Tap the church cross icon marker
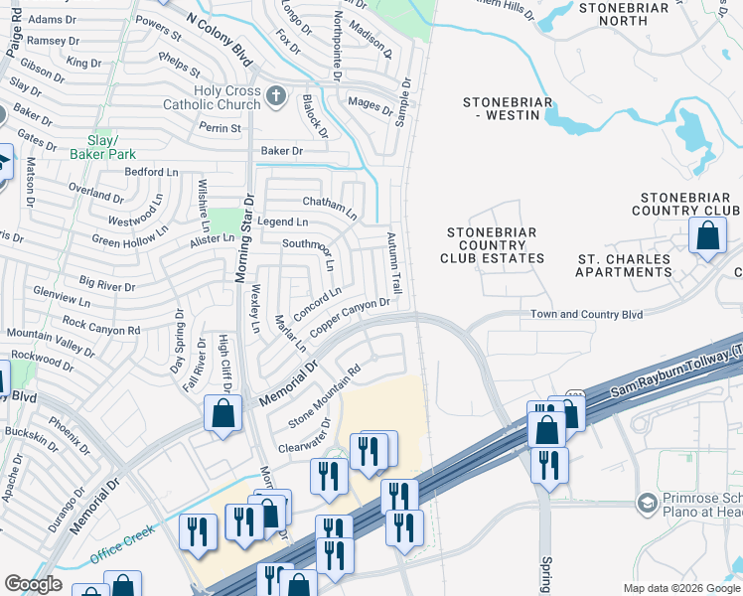(x=277, y=97)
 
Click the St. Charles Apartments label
(x=625, y=265)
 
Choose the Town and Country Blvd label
(x=586, y=314)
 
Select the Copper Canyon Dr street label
(x=349, y=316)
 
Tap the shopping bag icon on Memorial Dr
(x=223, y=412)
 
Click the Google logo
(x=33, y=584)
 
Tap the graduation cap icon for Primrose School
(x=648, y=504)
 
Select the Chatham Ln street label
(x=329, y=206)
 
